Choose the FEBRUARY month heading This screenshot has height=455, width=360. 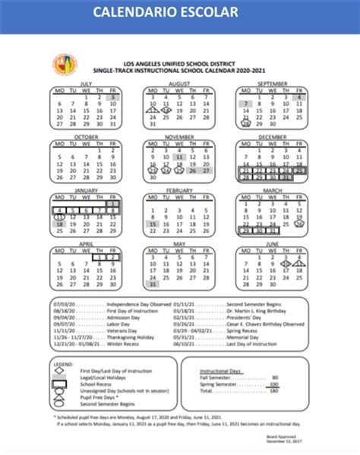click(178, 190)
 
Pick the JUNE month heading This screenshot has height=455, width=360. click(272, 245)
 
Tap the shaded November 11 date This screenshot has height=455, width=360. click(179, 156)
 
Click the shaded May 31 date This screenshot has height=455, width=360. click(153, 284)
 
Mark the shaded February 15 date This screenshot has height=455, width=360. click(153, 223)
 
